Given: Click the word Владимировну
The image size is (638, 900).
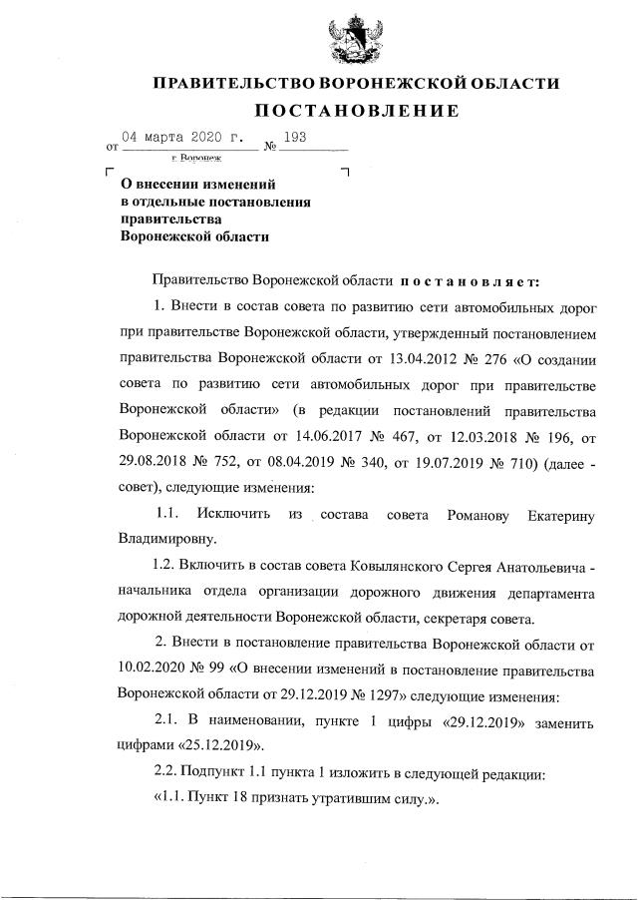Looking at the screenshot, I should coord(166,539).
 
